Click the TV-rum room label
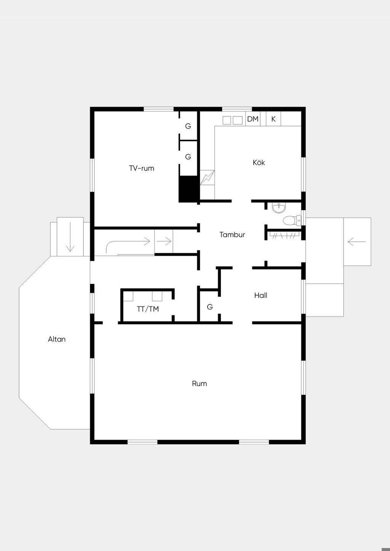pos(142,168)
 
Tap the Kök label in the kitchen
pos(259,162)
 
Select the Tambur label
pos(232,234)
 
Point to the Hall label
pos(261,295)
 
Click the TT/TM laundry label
pos(148,309)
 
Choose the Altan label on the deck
pos(57,339)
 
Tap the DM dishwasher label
pos(253,119)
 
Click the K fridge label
pos(273,119)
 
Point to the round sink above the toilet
pos(279,208)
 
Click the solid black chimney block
pos(189,189)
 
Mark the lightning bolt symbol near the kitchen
pos(207,177)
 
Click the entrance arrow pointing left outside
pos(357,242)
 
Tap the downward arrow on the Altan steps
pos(70,237)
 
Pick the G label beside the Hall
pos(210,307)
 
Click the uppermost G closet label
pos(188,126)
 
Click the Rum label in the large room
pos(200,384)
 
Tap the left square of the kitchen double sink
pos(227,120)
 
